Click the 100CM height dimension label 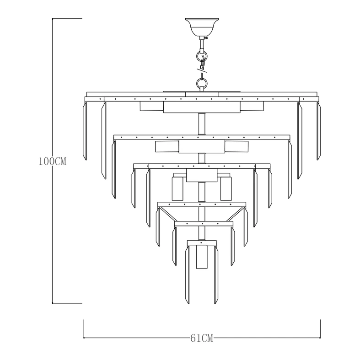point(52,161)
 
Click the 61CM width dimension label point(202,338)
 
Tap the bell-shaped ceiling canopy point(202,27)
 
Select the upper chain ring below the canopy point(202,55)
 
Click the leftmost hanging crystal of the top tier point(85,131)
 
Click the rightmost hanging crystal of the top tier point(318,131)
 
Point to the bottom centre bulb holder point(202,257)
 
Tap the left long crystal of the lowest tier point(188,275)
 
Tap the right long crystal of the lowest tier point(216,275)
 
